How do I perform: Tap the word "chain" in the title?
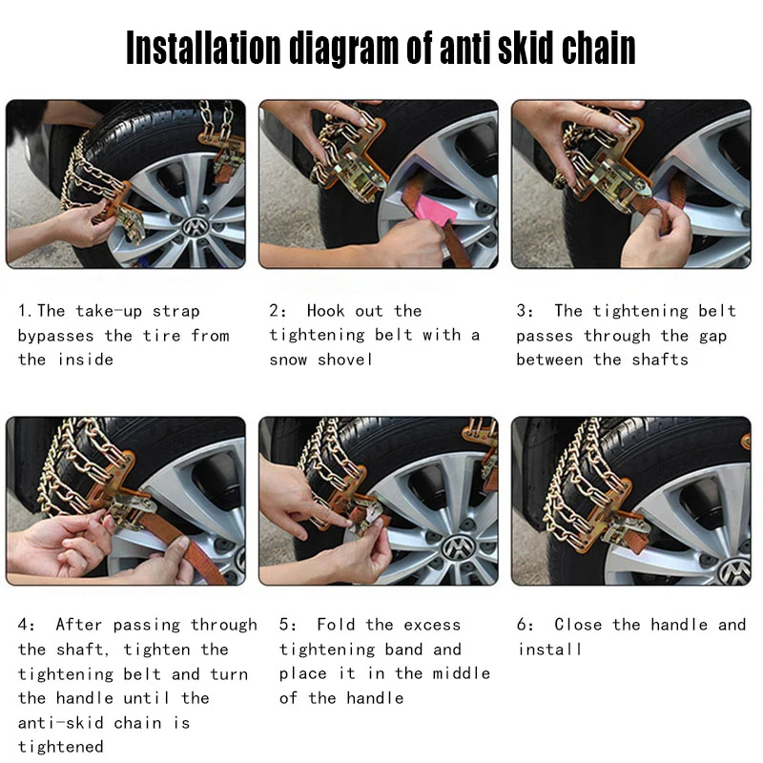pos(599,47)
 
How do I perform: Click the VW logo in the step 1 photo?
pos(195,227)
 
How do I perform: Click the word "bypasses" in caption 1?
pos(55,337)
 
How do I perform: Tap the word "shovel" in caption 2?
pos(344,360)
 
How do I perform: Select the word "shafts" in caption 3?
pos(660,360)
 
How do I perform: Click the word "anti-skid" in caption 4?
pos(60,723)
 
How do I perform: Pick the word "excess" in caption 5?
pos(432,625)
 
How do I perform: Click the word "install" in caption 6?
pos(549,650)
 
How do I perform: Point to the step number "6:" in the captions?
pos(525,625)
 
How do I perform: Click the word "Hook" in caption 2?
pos(325,311)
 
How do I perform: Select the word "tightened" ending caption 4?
pos(60,747)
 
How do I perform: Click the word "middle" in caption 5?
pos(462,673)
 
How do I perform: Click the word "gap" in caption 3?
pos(712,337)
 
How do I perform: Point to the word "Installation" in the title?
pos(203,49)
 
